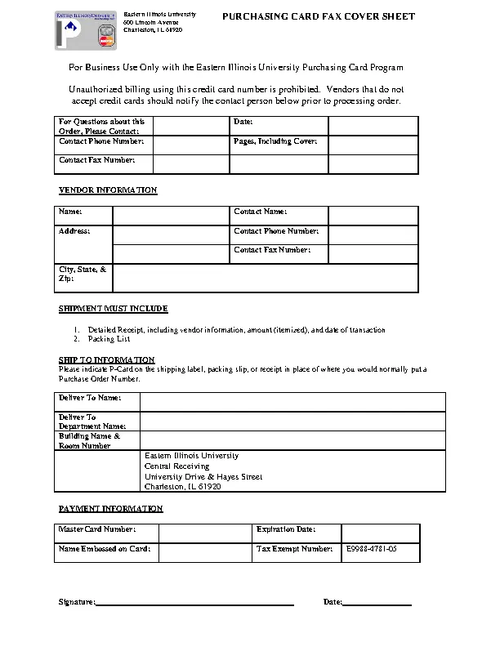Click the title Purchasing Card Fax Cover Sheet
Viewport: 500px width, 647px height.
319,17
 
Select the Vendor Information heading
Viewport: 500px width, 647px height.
107,190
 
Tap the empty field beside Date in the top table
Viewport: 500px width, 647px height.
373,125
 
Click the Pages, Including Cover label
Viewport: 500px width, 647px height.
275,141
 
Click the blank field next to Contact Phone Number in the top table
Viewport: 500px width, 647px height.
190,145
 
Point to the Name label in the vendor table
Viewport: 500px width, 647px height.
71,212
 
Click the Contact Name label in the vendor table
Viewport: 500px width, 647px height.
261,212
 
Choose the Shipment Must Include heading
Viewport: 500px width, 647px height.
113,309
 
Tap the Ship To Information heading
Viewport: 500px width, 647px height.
106,359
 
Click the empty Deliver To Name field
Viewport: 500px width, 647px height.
292,401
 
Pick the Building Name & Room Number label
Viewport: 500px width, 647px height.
89,441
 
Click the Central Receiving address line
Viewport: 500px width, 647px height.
176,466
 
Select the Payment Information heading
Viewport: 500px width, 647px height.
110,509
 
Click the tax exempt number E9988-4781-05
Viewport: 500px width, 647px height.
371,549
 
